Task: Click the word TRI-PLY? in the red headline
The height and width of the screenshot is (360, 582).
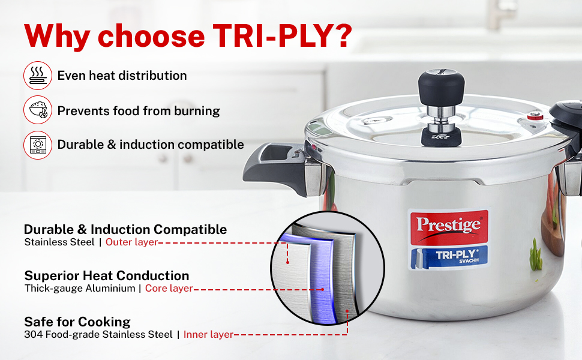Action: pyautogui.click(x=282, y=36)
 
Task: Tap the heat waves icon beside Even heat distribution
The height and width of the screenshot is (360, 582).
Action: pyautogui.click(x=38, y=76)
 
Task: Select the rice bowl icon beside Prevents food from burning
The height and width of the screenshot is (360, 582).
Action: pyautogui.click(x=38, y=110)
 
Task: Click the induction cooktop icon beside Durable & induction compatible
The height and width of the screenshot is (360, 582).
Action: pyautogui.click(x=38, y=145)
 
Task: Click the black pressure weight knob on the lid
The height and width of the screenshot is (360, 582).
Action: pyautogui.click(x=442, y=87)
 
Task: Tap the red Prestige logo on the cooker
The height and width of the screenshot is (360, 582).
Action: pyautogui.click(x=449, y=227)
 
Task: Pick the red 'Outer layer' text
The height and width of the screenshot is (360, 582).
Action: pyautogui.click(x=132, y=242)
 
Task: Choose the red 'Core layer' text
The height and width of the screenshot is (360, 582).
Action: pyautogui.click(x=169, y=289)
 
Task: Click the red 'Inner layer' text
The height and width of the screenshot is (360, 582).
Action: pyautogui.click(x=208, y=334)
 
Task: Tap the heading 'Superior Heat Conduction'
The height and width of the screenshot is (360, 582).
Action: pyautogui.click(x=107, y=276)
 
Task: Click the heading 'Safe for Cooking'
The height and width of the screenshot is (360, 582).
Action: pyautogui.click(x=77, y=322)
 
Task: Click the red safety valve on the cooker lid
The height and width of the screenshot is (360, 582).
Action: pyautogui.click(x=535, y=116)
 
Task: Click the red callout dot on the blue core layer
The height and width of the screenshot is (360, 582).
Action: pyautogui.click(x=323, y=289)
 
